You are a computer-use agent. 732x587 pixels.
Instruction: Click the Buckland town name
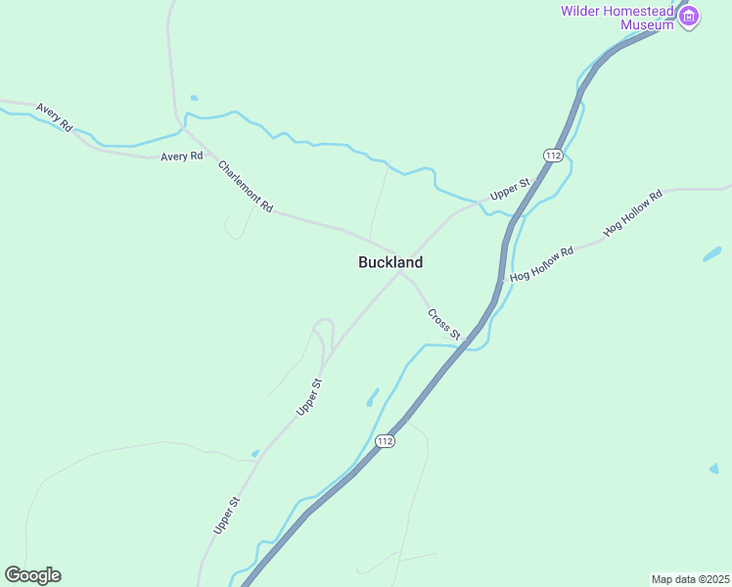(390, 262)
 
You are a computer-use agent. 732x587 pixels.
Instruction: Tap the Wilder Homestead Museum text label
(617, 18)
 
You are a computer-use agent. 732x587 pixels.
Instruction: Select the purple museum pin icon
(690, 16)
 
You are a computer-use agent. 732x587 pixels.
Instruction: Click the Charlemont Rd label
(245, 186)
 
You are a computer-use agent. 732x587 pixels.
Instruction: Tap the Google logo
(33, 575)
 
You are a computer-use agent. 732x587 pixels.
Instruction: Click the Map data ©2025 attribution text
(691, 578)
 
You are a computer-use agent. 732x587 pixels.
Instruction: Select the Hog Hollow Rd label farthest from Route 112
(633, 213)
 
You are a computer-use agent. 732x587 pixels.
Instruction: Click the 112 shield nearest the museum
(554, 156)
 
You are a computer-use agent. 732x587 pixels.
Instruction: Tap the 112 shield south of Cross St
(386, 441)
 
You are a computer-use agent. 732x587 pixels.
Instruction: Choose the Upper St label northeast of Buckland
(510, 189)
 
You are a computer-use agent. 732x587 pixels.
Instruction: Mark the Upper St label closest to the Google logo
(226, 516)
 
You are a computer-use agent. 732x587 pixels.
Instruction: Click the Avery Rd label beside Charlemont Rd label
(181, 156)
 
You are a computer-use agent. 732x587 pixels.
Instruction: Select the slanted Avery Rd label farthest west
(54, 117)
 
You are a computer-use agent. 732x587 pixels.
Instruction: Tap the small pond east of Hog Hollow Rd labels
(711, 254)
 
